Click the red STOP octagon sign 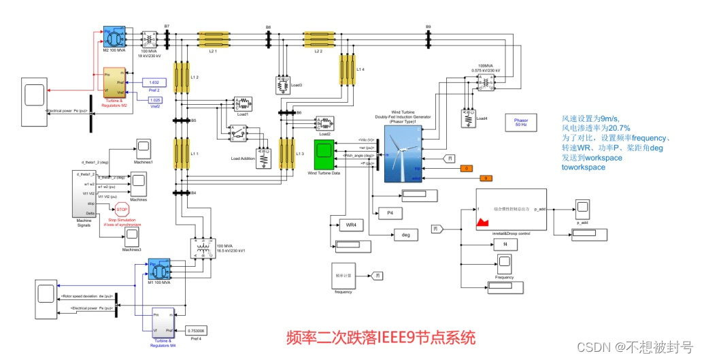(x=122, y=210)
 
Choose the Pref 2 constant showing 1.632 (x=155, y=82)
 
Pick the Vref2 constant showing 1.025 (x=155, y=100)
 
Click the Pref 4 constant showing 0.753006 (x=195, y=331)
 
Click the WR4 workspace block (x=351, y=224)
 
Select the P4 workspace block (x=390, y=213)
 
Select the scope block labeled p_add (x=582, y=208)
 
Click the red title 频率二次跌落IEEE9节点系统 (x=380, y=337)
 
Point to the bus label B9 (x=428, y=27)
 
